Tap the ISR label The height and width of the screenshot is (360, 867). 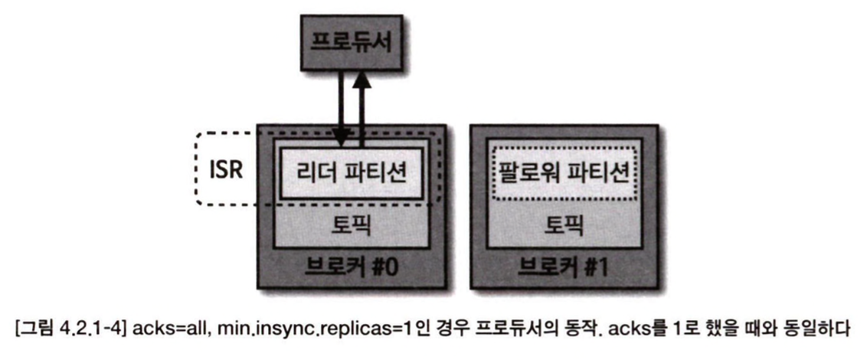tap(227, 169)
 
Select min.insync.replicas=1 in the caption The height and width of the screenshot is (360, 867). tap(285, 332)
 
